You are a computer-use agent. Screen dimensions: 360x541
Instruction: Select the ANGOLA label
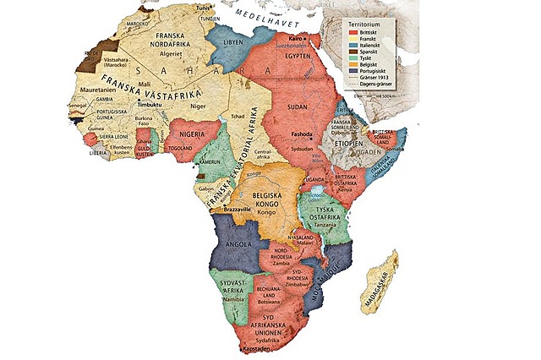(231, 244)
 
